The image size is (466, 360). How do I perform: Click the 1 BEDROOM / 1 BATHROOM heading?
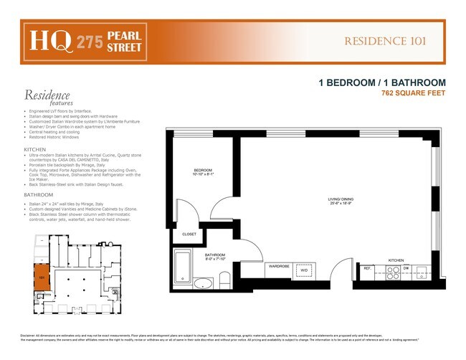[x=382, y=83]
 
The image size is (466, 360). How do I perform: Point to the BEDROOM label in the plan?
[x=204, y=171]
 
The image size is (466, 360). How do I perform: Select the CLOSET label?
[x=189, y=234]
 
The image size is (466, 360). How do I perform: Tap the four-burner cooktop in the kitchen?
[x=393, y=273]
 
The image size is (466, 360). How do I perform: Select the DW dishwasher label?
[x=406, y=269]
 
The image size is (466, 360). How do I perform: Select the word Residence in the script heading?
[x=47, y=95]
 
